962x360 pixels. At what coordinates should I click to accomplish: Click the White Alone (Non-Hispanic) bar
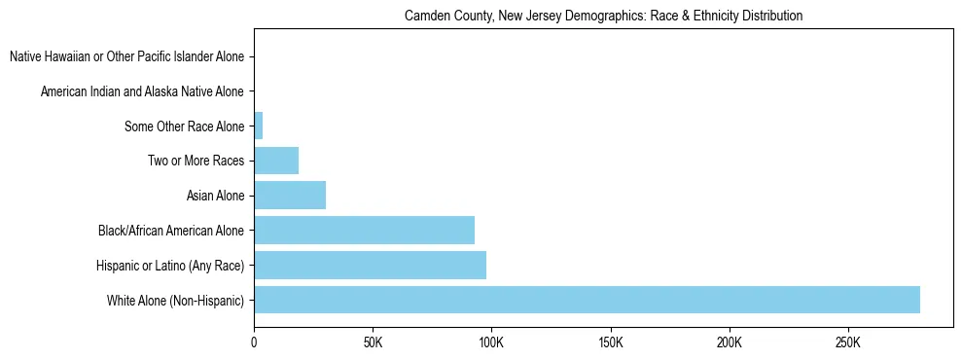point(587,300)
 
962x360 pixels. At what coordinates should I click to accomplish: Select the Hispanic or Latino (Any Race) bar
point(370,265)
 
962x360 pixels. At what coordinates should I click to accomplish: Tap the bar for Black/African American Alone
point(364,231)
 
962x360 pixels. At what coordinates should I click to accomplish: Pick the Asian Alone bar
point(290,196)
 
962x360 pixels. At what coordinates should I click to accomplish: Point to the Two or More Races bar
point(276,161)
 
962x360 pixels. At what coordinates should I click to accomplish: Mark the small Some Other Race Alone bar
point(258,126)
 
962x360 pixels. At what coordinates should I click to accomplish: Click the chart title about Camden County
point(603,16)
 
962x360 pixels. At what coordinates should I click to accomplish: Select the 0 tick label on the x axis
point(254,342)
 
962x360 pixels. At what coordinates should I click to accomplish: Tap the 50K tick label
point(373,342)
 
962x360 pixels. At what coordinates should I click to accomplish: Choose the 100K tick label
point(491,342)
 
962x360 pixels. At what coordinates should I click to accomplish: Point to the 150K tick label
point(610,342)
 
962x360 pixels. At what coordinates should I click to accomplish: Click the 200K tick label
point(729,342)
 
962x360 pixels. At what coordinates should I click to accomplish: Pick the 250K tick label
point(847,342)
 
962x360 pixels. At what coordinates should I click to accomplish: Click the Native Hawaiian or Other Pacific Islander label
point(126,56)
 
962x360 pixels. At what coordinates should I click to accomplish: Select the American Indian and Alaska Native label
point(142,91)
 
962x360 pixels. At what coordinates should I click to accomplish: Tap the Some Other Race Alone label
point(184,126)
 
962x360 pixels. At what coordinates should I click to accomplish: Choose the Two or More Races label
point(196,161)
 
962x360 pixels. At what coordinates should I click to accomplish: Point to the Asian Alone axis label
point(215,196)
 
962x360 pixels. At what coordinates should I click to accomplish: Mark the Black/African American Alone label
point(171,231)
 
